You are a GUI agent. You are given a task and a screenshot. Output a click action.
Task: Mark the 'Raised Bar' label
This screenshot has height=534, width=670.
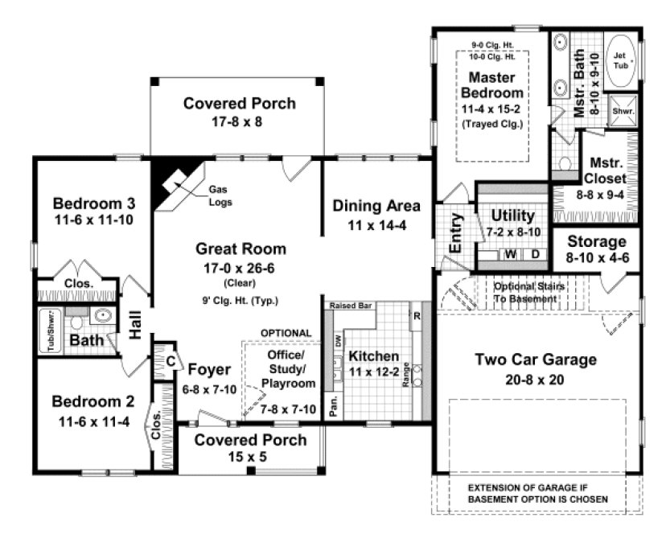(348, 306)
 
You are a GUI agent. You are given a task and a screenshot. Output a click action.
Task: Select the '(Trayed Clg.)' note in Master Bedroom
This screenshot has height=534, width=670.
(492, 125)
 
